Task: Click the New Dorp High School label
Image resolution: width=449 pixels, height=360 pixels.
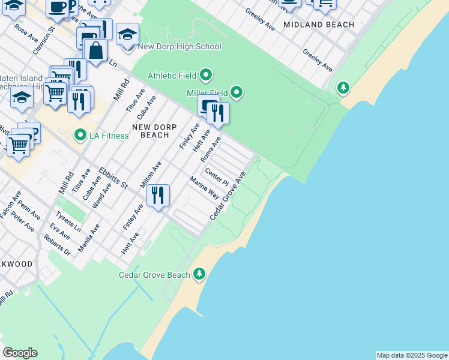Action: [x=179, y=47]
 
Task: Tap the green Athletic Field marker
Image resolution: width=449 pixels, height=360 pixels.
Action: [x=206, y=76]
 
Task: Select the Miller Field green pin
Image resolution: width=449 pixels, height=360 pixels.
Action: [x=237, y=92]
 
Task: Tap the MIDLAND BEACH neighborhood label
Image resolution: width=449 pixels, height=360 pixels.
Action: [x=318, y=25]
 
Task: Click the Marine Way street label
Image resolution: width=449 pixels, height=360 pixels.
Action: [x=205, y=188]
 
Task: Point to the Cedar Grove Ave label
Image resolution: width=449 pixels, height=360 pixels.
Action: [x=228, y=196]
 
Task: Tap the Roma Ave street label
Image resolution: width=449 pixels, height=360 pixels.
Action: [x=211, y=149]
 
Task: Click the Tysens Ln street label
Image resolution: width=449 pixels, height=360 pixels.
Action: [x=68, y=222]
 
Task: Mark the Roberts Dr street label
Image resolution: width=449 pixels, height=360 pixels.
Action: [x=57, y=245]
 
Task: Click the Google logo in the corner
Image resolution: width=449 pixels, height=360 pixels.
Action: [x=20, y=353]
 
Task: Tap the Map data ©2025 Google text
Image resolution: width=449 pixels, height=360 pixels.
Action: [x=411, y=355]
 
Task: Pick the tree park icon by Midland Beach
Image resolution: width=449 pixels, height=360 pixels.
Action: [x=343, y=89]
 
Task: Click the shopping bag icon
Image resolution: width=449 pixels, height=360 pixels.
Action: [x=96, y=50]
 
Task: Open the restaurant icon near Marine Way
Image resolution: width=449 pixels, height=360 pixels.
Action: [x=157, y=195]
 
